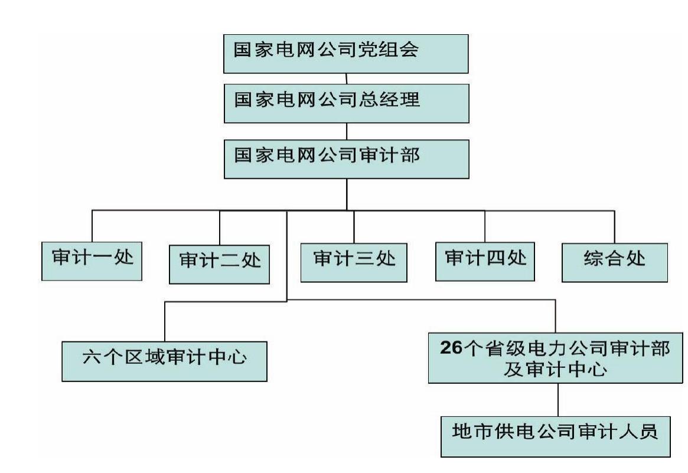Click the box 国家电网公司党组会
point(345,54)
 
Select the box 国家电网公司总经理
point(347,103)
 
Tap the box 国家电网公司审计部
point(347,159)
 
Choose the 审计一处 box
point(92,261)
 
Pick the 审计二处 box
point(219,265)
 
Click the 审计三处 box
point(354,262)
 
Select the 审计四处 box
point(485,262)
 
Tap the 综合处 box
point(615,262)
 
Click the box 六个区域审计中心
point(165,361)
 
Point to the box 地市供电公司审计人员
point(556,436)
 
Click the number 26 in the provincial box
point(451,347)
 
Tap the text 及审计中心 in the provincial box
point(556,369)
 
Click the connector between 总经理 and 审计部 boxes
point(347,131)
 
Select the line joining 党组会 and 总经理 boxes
point(346,79)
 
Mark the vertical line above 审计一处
point(92,226)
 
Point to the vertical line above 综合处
point(614,227)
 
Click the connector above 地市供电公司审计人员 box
point(558,400)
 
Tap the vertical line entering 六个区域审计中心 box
point(165,322)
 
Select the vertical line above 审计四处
point(485,226)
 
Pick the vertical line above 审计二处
point(219,228)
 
